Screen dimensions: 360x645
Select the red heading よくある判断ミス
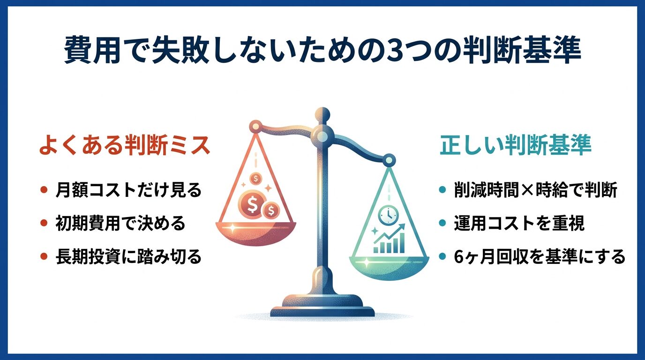(125, 146)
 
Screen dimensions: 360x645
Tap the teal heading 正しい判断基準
(516, 146)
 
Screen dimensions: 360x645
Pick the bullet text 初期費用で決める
(120, 224)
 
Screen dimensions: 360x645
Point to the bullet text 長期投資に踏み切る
(128, 256)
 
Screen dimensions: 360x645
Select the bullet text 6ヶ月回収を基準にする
(539, 256)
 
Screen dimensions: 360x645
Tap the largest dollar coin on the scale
(251, 204)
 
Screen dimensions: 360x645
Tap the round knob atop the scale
(322, 114)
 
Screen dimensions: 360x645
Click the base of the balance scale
(322, 307)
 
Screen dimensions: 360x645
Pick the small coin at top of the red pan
(255, 178)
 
